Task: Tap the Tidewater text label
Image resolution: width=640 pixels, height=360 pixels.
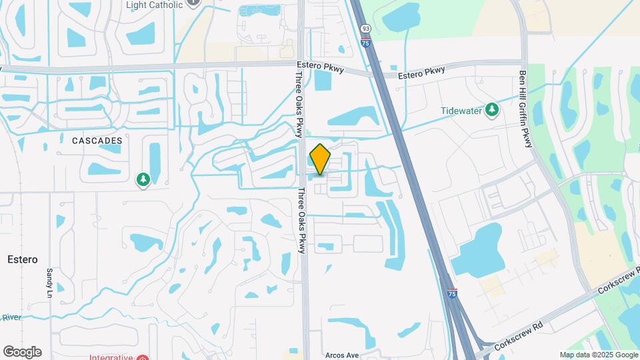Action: (x=461, y=111)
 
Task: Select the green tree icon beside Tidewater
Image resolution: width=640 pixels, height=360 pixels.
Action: (x=492, y=109)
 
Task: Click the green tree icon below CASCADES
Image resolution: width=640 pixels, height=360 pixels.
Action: (x=143, y=179)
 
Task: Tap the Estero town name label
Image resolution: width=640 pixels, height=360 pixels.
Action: (x=23, y=259)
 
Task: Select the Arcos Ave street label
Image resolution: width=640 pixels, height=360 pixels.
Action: (x=342, y=355)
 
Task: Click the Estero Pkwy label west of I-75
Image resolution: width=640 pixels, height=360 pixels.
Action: (x=319, y=67)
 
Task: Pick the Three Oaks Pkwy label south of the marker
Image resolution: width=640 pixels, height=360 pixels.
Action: (x=301, y=220)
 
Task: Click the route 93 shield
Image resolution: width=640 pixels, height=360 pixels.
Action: (x=366, y=29)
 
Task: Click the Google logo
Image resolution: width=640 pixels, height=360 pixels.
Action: (x=22, y=352)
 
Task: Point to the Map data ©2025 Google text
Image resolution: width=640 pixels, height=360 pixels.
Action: (x=598, y=355)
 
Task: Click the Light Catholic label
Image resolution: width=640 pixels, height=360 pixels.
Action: (x=154, y=5)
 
